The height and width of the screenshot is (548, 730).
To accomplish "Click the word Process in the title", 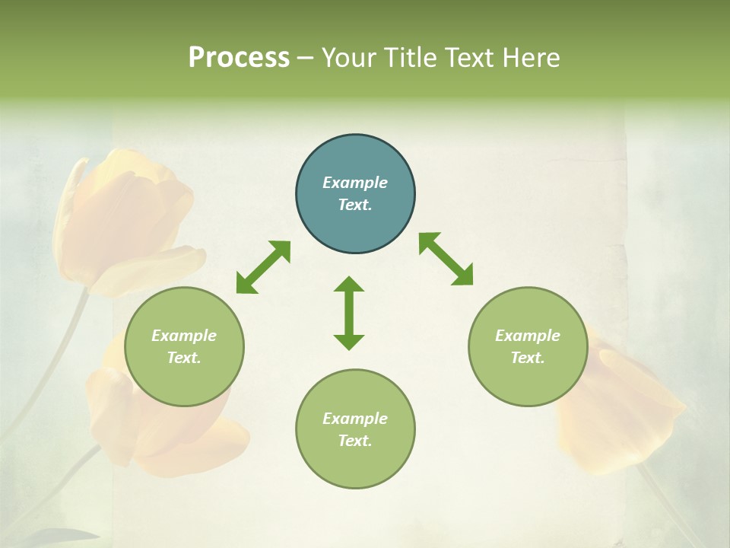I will (x=239, y=58).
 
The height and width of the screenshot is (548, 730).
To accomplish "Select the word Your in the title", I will (x=348, y=58).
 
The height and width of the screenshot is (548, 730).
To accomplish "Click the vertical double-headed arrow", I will (x=349, y=313).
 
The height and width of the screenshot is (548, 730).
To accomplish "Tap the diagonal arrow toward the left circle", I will (x=263, y=267).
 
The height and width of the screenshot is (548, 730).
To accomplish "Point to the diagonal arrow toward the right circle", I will (x=446, y=260).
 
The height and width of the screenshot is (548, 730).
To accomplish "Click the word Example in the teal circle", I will (x=355, y=183).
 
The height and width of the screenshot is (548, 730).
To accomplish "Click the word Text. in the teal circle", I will (x=355, y=205).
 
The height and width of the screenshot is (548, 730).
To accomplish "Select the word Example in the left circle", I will (x=184, y=336).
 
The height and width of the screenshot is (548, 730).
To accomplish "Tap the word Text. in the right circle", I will (x=528, y=358).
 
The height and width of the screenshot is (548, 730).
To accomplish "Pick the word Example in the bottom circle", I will (x=355, y=419).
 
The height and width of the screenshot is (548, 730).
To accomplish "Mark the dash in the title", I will (x=306, y=59).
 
